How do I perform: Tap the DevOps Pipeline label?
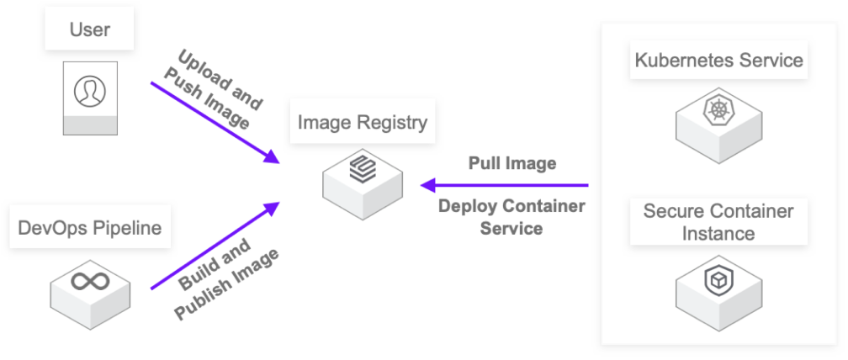[x=89, y=227]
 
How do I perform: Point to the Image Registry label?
[x=363, y=123]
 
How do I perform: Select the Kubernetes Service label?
[x=718, y=61]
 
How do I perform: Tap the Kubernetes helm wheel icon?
[x=718, y=109]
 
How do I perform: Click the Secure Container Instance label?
[x=718, y=222]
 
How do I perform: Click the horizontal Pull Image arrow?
[x=505, y=185]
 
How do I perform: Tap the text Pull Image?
[x=512, y=163]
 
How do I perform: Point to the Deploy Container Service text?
[x=511, y=217]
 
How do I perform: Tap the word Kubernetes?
[x=682, y=61]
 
